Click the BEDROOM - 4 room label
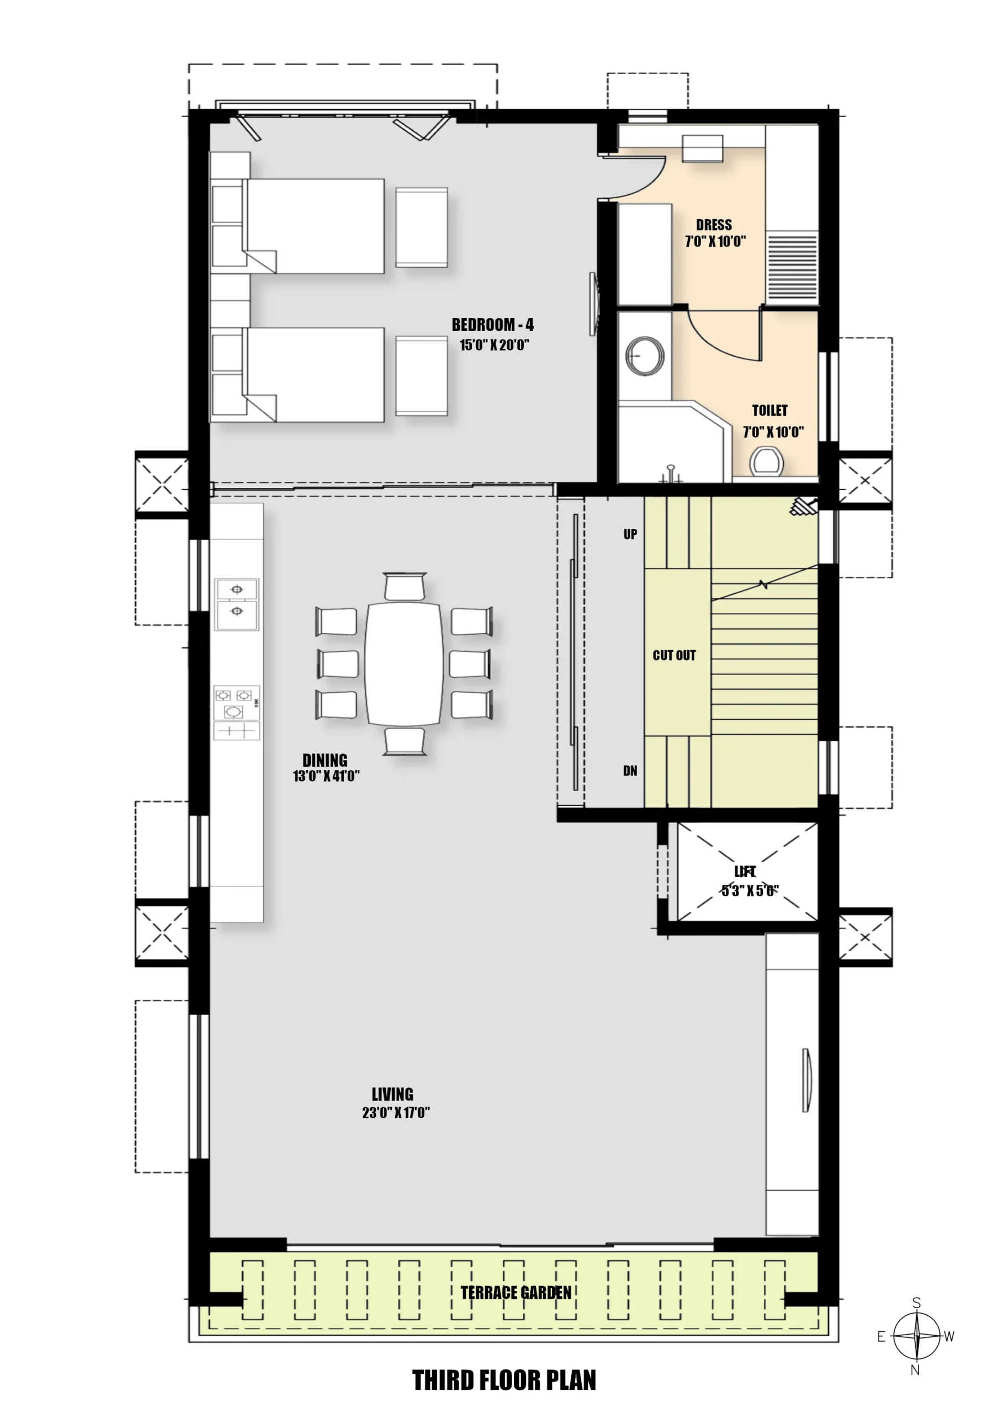[492, 325]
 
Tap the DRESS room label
[714, 225]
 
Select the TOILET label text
[769, 411]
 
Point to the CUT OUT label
[674, 655]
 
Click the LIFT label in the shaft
[745, 872]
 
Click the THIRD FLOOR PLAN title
[504, 1380]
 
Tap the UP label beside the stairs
[630, 534]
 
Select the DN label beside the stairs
[630, 771]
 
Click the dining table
[404, 663]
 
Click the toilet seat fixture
[767, 461]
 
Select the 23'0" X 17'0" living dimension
[396, 1112]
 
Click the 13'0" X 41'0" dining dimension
[326, 776]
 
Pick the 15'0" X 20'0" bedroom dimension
[495, 344]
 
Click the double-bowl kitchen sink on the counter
[237, 604]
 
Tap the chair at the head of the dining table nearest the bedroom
[405, 586]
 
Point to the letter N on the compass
[915, 1370]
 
